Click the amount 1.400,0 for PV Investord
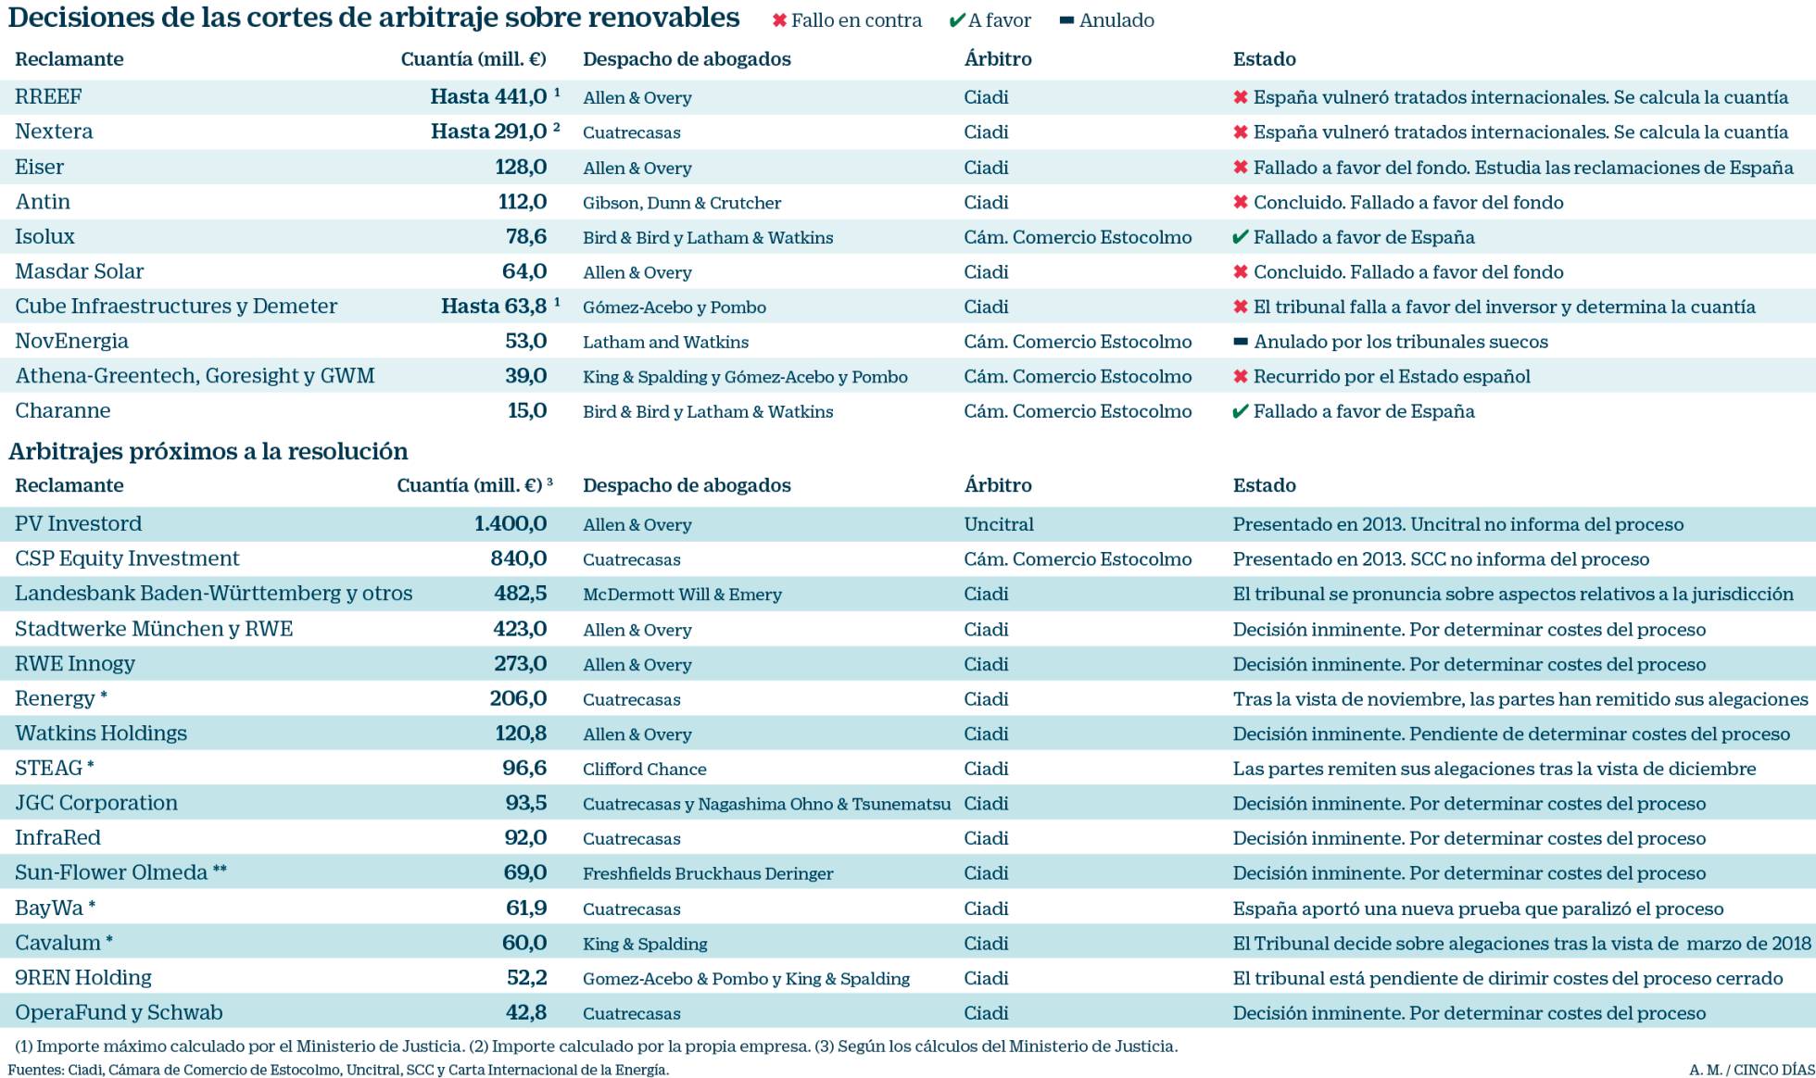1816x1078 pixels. click(x=511, y=524)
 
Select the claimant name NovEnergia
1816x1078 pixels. click(x=71, y=342)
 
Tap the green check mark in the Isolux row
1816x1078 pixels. click(x=1241, y=238)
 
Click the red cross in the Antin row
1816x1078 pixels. click(x=1241, y=203)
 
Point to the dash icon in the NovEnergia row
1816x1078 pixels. click(x=1241, y=342)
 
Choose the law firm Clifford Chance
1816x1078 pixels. click(x=644, y=770)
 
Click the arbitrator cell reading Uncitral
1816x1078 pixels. click(x=998, y=524)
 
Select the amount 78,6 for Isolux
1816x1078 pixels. click(x=525, y=237)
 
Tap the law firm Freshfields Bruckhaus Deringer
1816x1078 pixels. click(x=708, y=873)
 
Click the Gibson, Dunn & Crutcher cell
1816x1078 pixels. click(x=681, y=203)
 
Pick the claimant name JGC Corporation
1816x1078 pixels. click(x=96, y=803)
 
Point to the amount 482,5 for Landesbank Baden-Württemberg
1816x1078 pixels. click(x=520, y=594)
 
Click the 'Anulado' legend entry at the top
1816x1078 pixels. click(x=1107, y=20)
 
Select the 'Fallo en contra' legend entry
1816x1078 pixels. click(x=847, y=20)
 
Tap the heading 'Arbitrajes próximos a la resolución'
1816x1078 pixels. click(x=208, y=451)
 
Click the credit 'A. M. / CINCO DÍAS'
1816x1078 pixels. click(x=1750, y=1070)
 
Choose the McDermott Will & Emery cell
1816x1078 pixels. click(x=682, y=595)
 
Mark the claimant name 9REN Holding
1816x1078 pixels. click(x=83, y=978)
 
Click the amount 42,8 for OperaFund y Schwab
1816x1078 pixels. click(x=526, y=1013)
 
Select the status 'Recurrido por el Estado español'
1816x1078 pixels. click(x=1391, y=377)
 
